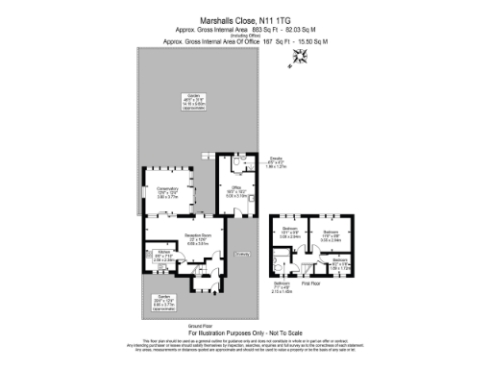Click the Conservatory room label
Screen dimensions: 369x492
[168, 189]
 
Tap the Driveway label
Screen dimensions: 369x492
[241, 254]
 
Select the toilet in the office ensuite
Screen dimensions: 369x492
[248, 165]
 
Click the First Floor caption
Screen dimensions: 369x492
[310, 285]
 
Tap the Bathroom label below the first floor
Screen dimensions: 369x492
[282, 286]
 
